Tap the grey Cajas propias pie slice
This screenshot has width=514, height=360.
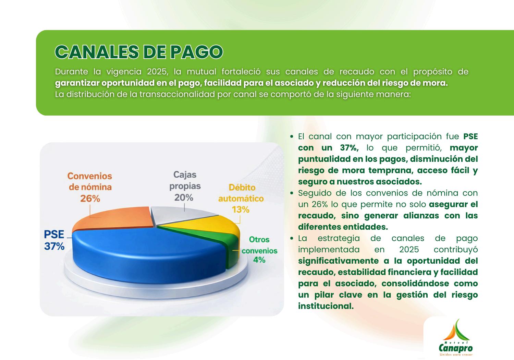179,215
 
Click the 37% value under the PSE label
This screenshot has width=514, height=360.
54,246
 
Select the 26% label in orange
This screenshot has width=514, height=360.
90,199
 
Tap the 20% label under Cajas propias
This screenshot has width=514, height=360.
184,197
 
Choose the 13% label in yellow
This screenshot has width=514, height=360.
241,209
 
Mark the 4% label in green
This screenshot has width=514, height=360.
259,260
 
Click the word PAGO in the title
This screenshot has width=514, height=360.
196,52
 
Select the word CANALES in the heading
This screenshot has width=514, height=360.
97,52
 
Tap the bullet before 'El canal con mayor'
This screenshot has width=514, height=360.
292,136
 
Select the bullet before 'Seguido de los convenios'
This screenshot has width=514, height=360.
292,193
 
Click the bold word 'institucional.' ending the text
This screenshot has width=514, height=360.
326,306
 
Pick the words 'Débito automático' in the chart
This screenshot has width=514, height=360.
241,193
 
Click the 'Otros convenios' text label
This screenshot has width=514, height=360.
259,245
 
